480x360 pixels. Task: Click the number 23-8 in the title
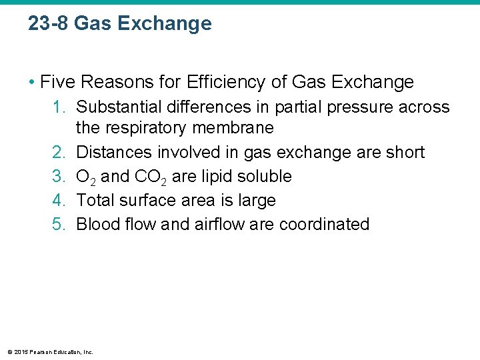coord(49,24)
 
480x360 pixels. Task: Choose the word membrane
coord(241,128)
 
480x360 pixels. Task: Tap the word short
coord(405,153)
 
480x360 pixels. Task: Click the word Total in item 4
coord(95,201)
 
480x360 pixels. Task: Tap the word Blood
coord(99,225)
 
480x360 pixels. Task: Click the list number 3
coord(57,177)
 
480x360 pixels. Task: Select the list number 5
coord(57,225)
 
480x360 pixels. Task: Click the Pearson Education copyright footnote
coord(50,351)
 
